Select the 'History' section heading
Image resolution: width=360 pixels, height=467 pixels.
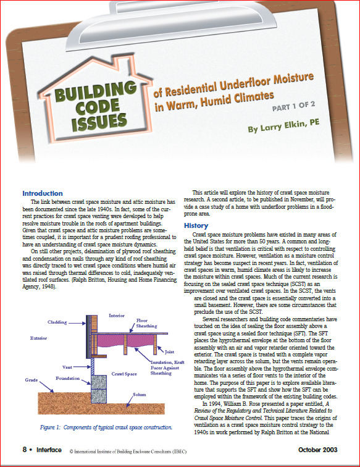tap(196, 225)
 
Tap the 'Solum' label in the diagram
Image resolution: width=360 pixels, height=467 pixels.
tap(139, 393)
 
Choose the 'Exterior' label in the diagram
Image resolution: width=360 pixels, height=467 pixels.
tap(39, 339)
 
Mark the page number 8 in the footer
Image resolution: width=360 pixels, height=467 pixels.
tap(24, 450)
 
